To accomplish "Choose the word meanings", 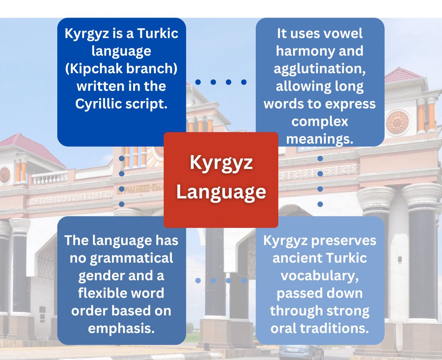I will (319, 139).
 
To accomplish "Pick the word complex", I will (319, 122).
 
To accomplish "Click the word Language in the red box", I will (221, 192).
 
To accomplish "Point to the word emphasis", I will (121, 328).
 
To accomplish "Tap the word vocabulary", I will (319, 276).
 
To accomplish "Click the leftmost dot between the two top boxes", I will (198, 82).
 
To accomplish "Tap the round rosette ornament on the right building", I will (397, 122).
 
